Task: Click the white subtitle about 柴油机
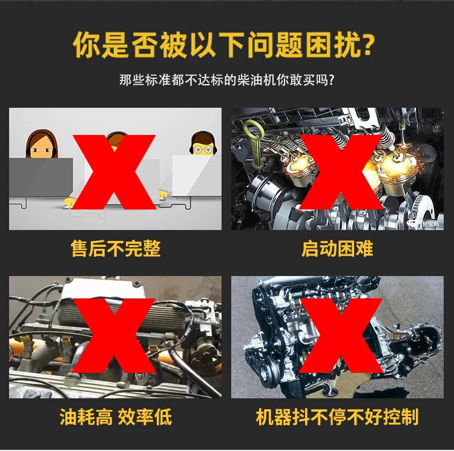[x=227, y=79]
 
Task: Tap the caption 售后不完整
[x=116, y=248]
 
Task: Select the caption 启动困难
[x=337, y=248]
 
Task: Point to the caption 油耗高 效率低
[x=116, y=416]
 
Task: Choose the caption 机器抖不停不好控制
[x=337, y=416]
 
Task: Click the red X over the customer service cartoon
[x=114, y=172]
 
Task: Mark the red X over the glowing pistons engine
[x=341, y=172]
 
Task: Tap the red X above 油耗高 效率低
[x=114, y=336]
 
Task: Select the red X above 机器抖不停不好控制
[x=341, y=336]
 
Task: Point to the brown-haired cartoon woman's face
[x=41, y=148]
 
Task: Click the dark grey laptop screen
[x=41, y=177]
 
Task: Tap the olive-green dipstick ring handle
[x=254, y=130]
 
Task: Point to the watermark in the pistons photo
[x=425, y=223]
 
